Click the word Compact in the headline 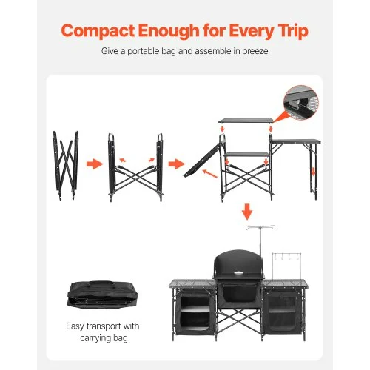[98, 31]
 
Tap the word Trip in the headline [293, 32]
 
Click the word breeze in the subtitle [255, 51]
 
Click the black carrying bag [102, 295]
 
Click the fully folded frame [66, 165]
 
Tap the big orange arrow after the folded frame [95, 164]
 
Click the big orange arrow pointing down [247, 212]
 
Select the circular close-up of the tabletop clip [301, 103]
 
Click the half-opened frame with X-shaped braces [135, 167]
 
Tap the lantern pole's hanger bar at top [260, 227]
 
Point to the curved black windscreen [238, 264]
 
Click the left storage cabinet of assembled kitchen [195, 312]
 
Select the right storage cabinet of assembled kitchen [283, 312]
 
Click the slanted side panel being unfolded [203, 159]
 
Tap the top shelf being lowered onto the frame [246, 121]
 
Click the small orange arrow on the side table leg [313, 172]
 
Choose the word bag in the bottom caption [120, 338]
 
